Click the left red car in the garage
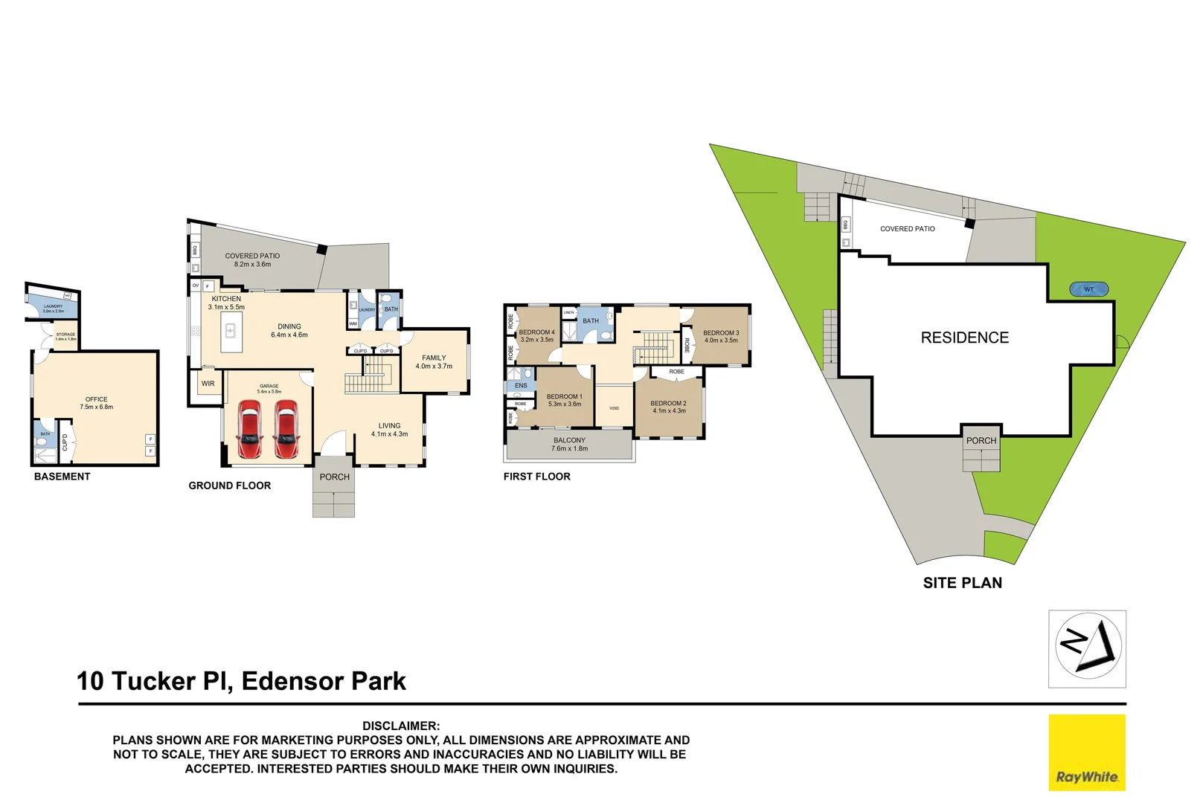(249, 430)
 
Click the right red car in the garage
(286, 430)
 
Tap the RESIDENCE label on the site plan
(964, 338)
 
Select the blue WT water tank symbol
(1088, 289)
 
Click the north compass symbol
(1088, 645)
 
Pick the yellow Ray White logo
(1086, 752)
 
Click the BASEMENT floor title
(62, 477)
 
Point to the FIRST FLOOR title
(536, 477)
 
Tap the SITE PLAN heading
(962, 583)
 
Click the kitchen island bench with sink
(231, 332)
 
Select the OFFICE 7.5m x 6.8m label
(96, 403)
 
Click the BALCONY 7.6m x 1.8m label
(569, 445)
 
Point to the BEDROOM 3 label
(720, 336)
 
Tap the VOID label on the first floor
(614, 408)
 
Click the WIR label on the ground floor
(208, 384)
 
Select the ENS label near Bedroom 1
(521, 385)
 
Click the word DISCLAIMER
(400, 726)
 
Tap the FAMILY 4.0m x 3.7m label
(434, 361)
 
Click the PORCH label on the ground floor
(334, 477)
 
